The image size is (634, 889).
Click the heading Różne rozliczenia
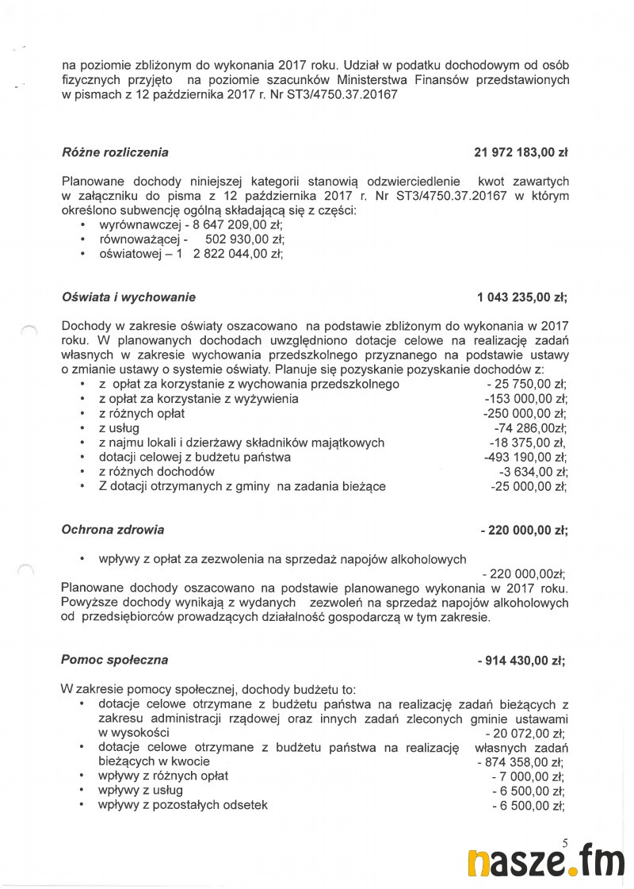pos(115,152)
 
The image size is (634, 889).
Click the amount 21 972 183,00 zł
pos(521,152)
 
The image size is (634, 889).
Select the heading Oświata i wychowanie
pos(128,297)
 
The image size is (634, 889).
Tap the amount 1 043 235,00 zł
pos(522,297)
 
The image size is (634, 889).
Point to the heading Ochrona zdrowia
pos(113,529)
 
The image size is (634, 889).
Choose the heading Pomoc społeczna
pos(115,660)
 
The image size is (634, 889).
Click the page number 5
pos(564,845)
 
